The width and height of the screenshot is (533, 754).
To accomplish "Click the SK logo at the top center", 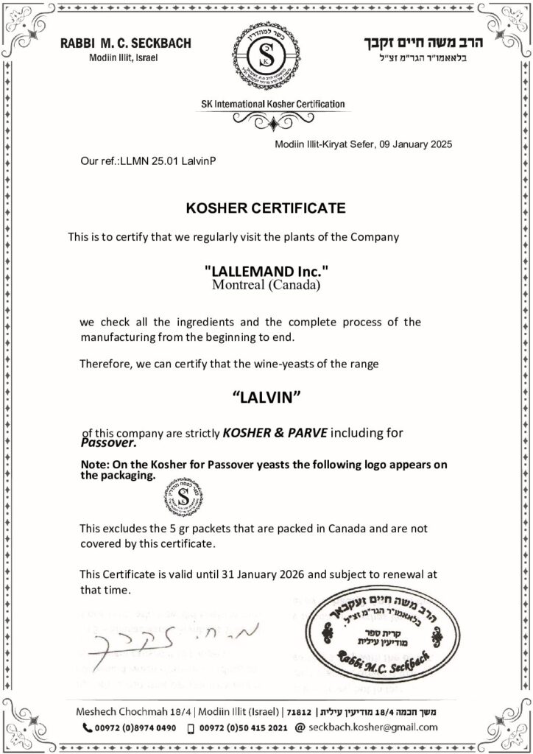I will (x=266, y=56).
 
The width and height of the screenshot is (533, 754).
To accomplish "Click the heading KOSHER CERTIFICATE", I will (x=266, y=208).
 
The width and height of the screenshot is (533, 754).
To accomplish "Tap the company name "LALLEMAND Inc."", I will (x=266, y=271).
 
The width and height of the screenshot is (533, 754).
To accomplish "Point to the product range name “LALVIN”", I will (x=267, y=397).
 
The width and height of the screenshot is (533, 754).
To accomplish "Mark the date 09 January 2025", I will (x=417, y=144).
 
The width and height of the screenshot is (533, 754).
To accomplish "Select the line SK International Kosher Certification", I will (x=266, y=105).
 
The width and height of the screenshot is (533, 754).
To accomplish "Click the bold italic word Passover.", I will (x=110, y=444).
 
